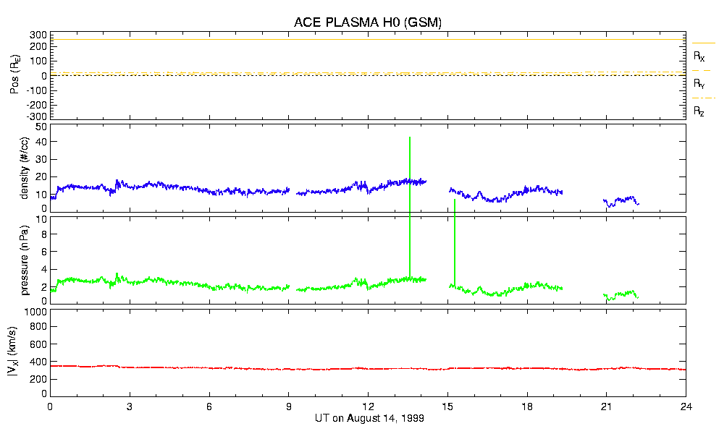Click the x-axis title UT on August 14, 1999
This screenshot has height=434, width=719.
pos(369,419)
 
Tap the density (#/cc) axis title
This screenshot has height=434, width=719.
pos(25,168)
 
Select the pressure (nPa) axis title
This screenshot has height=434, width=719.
pos(25,259)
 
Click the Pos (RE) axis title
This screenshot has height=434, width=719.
pos(14,75)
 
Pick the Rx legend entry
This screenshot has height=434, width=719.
pos(699,56)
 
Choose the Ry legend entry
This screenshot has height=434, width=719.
pos(699,84)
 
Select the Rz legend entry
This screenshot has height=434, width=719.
pos(699,111)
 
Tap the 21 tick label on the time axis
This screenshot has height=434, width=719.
pos(607,407)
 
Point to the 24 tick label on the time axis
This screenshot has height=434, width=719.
pos(686,407)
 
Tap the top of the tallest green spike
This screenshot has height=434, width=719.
pos(410,137)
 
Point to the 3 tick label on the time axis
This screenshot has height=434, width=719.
pos(130,407)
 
